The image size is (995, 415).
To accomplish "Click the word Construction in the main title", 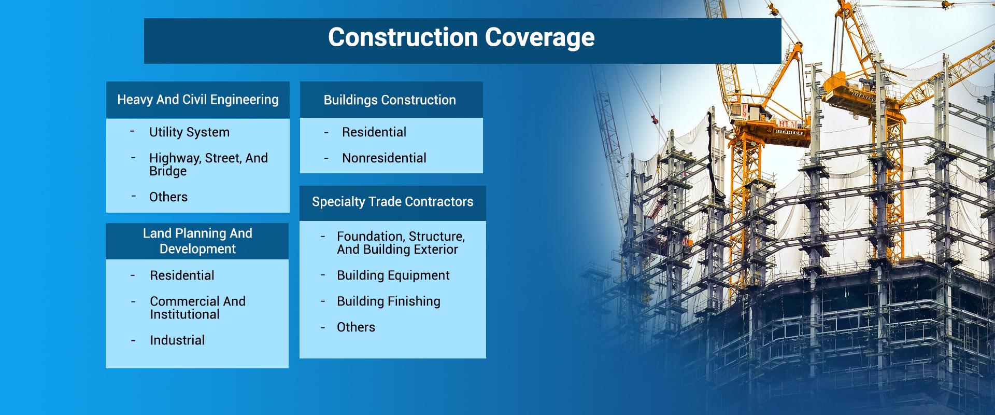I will (403, 38).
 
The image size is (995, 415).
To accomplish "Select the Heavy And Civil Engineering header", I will (197, 100).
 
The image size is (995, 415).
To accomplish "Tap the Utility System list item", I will (189, 132).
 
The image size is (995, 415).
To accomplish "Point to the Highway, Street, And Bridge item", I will (208, 164).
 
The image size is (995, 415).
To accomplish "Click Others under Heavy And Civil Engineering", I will (168, 197).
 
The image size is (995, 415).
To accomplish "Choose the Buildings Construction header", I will (390, 100).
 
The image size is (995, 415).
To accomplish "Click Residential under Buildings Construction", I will (374, 132).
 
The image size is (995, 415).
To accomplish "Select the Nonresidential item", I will (384, 158).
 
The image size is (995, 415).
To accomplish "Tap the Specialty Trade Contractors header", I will (392, 202).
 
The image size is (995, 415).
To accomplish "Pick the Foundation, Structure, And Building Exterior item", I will (400, 243).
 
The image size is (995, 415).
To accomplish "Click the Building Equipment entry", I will (393, 275).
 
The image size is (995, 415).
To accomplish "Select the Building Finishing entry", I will (388, 301).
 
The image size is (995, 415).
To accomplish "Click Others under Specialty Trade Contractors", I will (356, 327).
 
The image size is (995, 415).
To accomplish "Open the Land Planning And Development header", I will (197, 241).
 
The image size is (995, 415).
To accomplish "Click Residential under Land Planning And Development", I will (182, 275).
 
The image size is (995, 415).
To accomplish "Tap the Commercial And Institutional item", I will (197, 308).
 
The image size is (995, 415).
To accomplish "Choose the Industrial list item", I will (177, 340).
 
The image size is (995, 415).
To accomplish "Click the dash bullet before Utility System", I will (132, 132).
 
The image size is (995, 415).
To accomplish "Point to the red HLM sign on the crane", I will (788, 124).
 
